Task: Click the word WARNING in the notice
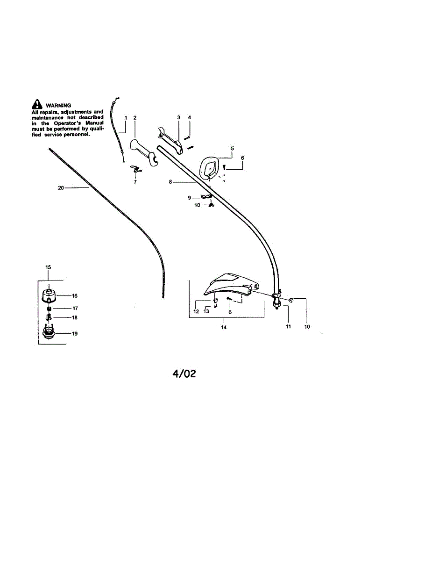[x=58, y=106]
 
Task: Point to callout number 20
[x=60, y=187]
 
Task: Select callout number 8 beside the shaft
[x=170, y=182]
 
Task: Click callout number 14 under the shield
[x=224, y=327]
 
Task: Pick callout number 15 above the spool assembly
[x=48, y=267]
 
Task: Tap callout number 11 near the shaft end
[x=288, y=326]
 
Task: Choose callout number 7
[x=135, y=182]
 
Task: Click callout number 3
[x=178, y=117]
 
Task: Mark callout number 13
[x=206, y=311]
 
